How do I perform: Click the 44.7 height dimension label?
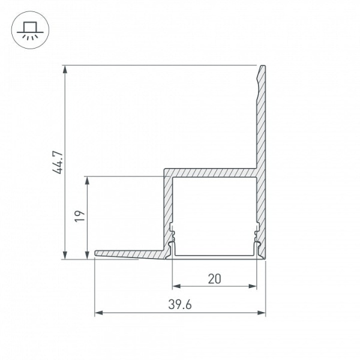(x=58, y=163)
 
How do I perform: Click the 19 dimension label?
(x=80, y=216)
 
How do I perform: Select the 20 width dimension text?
(x=214, y=279)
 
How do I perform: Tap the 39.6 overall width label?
(x=180, y=305)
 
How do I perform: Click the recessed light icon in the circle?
(x=31, y=30)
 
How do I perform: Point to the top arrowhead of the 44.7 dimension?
(x=65, y=70)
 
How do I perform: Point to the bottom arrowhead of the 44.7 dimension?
(x=65, y=255)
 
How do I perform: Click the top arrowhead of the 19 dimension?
(x=87, y=181)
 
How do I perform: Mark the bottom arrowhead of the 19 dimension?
(x=87, y=255)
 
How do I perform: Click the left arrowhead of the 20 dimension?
(x=176, y=286)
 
